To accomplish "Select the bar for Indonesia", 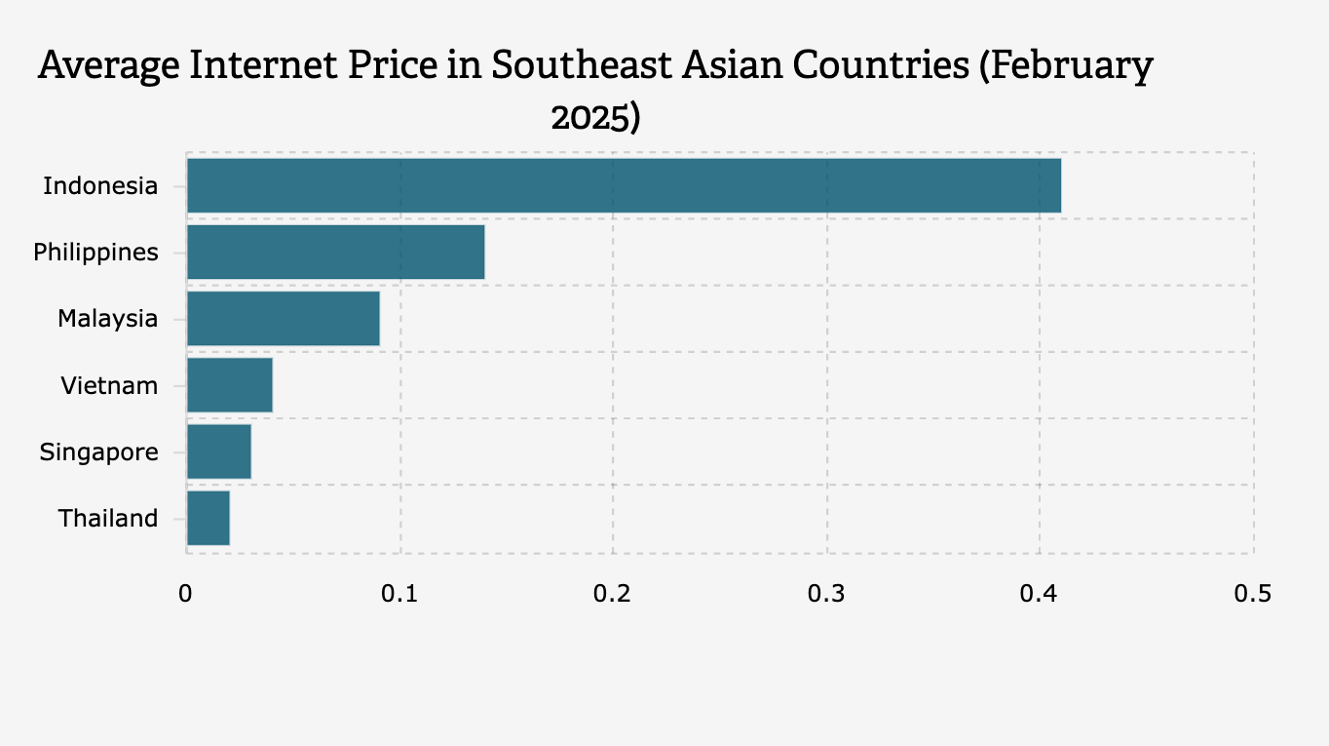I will coord(624,185).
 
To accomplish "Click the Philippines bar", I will coord(335,252).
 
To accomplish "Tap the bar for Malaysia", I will coord(283,318).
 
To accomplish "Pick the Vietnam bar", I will coord(229,384).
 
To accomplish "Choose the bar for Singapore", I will coord(218,452).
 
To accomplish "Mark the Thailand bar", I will coord(208,518).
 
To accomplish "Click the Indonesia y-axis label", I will coord(100,185).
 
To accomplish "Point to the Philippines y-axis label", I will coord(95,252).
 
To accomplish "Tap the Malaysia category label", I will coord(107,318).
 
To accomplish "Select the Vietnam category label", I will coord(109,385).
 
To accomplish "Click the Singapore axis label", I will coord(98,452).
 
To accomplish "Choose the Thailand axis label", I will coord(108,518).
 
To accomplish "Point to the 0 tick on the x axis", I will coord(185,593).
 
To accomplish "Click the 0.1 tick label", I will coord(399,593).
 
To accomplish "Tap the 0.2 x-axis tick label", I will coord(612,593).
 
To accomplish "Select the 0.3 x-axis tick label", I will coord(825,593).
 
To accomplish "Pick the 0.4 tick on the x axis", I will coord(1039,593).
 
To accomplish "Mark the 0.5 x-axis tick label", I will coord(1252,593).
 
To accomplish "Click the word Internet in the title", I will coord(283,65).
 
